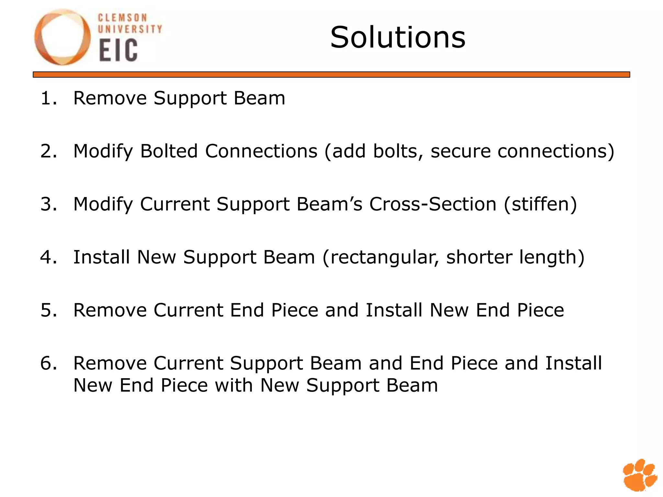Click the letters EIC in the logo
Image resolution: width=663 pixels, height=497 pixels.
pyautogui.click(x=118, y=50)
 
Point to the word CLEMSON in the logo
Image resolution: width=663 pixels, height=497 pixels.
pyautogui.click(x=123, y=18)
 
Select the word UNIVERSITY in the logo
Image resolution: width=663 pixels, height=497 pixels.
pyautogui.click(x=130, y=29)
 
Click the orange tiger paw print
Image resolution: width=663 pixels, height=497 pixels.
pyautogui.click(x=639, y=474)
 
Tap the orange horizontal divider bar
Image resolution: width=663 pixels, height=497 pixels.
pyautogui.click(x=331, y=74)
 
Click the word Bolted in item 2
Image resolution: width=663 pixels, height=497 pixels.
pyautogui.click(x=169, y=151)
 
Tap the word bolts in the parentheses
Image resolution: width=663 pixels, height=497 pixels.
pyautogui.click(x=398, y=151)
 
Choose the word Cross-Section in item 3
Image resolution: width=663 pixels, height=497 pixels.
pyautogui.click(x=433, y=204)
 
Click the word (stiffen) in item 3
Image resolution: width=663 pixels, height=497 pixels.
pyautogui.click(x=540, y=204)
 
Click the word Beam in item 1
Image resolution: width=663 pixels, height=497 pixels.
pyautogui.click(x=259, y=98)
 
